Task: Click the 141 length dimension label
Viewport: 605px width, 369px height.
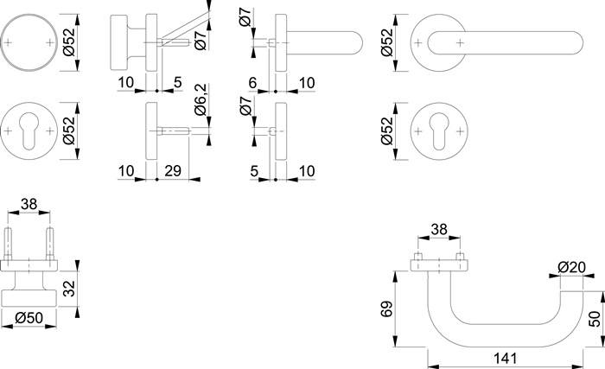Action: pos(505,359)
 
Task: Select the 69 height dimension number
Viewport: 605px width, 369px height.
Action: pos(386,309)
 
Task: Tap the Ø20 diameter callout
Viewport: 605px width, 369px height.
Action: pos(571,267)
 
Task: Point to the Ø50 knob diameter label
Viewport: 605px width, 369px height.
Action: pos(29,318)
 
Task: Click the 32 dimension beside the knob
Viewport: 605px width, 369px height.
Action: pos(69,289)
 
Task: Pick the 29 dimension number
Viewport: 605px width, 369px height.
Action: pos(173,170)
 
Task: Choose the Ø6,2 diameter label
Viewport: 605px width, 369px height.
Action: pos(201,100)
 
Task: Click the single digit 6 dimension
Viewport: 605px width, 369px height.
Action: pos(252,83)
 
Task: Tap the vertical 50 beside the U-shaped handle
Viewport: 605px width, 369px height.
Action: pos(595,318)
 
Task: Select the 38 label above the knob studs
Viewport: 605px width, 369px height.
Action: pos(29,204)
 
